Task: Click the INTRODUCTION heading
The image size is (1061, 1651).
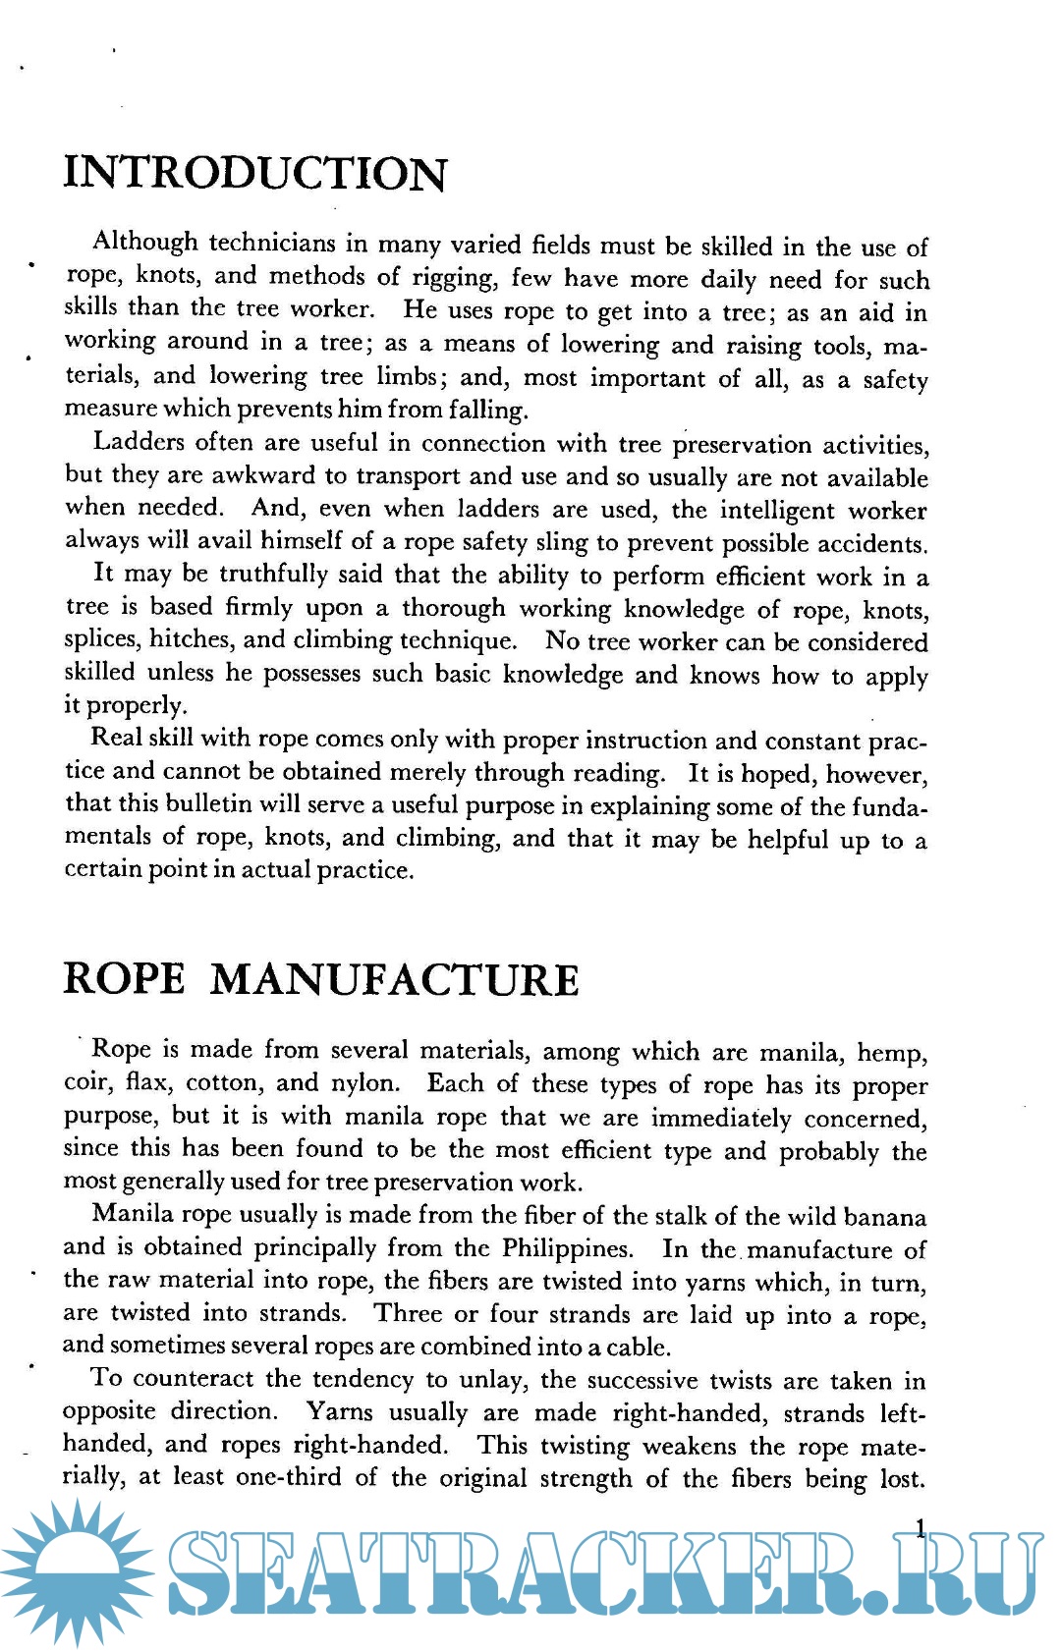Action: [255, 174]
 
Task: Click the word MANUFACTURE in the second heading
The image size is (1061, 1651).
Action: [394, 980]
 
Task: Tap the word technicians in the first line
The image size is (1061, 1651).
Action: [271, 243]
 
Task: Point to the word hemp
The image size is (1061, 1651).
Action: [891, 1053]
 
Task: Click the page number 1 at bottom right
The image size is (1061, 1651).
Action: [921, 1528]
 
